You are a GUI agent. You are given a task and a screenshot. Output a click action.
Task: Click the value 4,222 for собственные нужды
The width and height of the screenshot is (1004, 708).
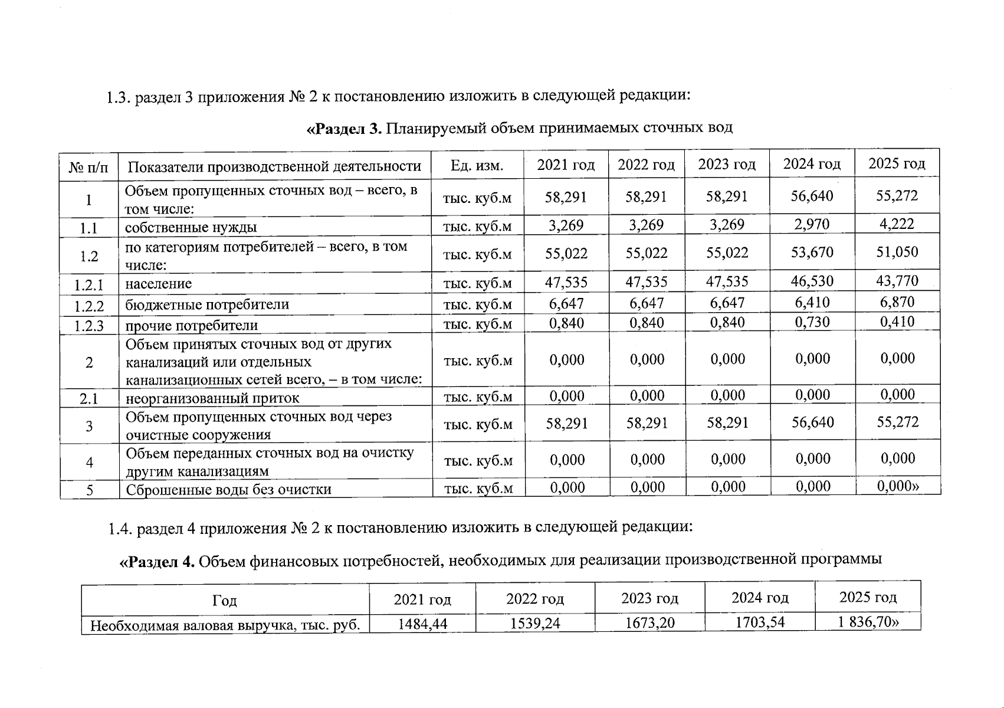click(897, 224)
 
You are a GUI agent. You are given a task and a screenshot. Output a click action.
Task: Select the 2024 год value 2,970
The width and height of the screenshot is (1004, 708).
click(812, 224)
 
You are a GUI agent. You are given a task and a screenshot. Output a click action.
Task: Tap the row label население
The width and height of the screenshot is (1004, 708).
click(158, 284)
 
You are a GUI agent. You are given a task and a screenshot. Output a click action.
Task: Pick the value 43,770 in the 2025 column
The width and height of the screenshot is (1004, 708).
click(897, 281)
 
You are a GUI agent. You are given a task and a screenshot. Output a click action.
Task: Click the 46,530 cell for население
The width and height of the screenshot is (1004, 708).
click(812, 281)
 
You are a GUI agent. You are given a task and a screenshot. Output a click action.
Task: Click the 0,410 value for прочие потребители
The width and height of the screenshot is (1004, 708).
click(897, 322)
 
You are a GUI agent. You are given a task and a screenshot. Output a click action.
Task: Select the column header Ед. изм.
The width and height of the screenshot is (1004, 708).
click(477, 166)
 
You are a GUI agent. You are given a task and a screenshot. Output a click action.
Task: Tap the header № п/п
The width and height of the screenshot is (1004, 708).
click(89, 168)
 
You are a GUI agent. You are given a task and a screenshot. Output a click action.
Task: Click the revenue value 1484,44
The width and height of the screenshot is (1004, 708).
click(422, 623)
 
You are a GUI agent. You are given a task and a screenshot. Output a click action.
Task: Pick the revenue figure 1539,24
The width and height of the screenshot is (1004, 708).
click(535, 623)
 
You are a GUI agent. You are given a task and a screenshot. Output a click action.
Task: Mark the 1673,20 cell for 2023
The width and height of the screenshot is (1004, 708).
click(649, 622)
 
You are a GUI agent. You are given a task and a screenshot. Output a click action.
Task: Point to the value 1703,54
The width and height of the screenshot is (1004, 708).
click(760, 622)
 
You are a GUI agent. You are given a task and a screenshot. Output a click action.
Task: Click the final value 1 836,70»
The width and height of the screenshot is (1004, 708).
click(868, 621)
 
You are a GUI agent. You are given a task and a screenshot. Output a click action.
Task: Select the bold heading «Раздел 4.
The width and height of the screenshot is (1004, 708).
click(158, 562)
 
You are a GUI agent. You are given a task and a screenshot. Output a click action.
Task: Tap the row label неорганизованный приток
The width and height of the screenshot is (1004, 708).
click(212, 398)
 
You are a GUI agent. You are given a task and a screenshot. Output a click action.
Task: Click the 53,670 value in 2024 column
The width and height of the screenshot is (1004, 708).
click(812, 253)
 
